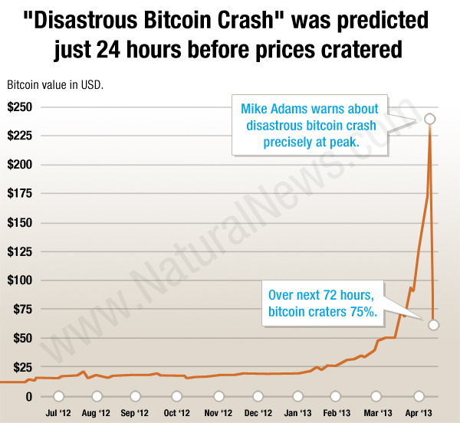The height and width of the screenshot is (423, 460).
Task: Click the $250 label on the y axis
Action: tap(19, 107)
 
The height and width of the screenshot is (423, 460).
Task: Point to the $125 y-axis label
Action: tap(19, 251)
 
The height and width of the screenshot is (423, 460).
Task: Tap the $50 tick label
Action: tap(22, 339)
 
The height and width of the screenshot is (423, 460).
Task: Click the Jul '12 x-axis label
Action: tap(58, 413)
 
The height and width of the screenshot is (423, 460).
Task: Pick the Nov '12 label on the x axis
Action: tap(217, 413)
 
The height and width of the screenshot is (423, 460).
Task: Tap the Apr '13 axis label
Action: tap(419, 413)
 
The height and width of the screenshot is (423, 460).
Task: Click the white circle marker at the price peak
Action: tap(430, 119)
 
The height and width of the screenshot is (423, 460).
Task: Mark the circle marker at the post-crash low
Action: tap(433, 325)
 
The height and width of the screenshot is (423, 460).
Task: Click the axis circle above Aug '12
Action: tap(97, 397)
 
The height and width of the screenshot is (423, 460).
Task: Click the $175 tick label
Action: tap(19, 193)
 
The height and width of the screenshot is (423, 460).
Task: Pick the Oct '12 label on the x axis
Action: tap(177, 413)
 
